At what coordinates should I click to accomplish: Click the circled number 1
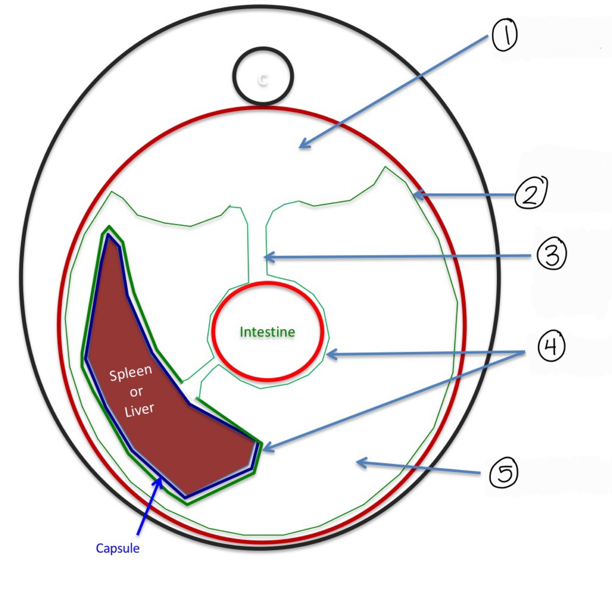pyautogui.click(x=505, y=35)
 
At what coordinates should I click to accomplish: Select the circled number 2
pyautogui.click(x=531, y=193)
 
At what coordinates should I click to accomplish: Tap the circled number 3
pyautogui.click(x=552, y=254)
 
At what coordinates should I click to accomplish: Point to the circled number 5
pyautogui.click(x=504, y=473)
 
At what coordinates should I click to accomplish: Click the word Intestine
pyautogui.click(x=267, y=332)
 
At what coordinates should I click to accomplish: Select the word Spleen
pyautogui.click(x=130, y=373)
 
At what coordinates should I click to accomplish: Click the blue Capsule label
pyautogui.click(x=117, y=548)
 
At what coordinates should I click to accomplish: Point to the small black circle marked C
pyautogui.click(x=262, y=76)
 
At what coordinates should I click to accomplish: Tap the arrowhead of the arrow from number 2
pyautogui.click(x=414, y=195)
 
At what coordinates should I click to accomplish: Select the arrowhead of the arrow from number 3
pyautogui.click(x=266, y=257)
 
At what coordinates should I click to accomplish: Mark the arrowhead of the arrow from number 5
pyautogui.click(x=358, y=462)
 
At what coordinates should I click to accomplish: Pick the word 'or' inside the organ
pyautogui.click(x=136, y=392)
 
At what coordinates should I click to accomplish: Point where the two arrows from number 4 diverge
pyautogui.click(x=524, y=352)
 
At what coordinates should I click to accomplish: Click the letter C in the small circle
pyautogui.click(x=262, y=79)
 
